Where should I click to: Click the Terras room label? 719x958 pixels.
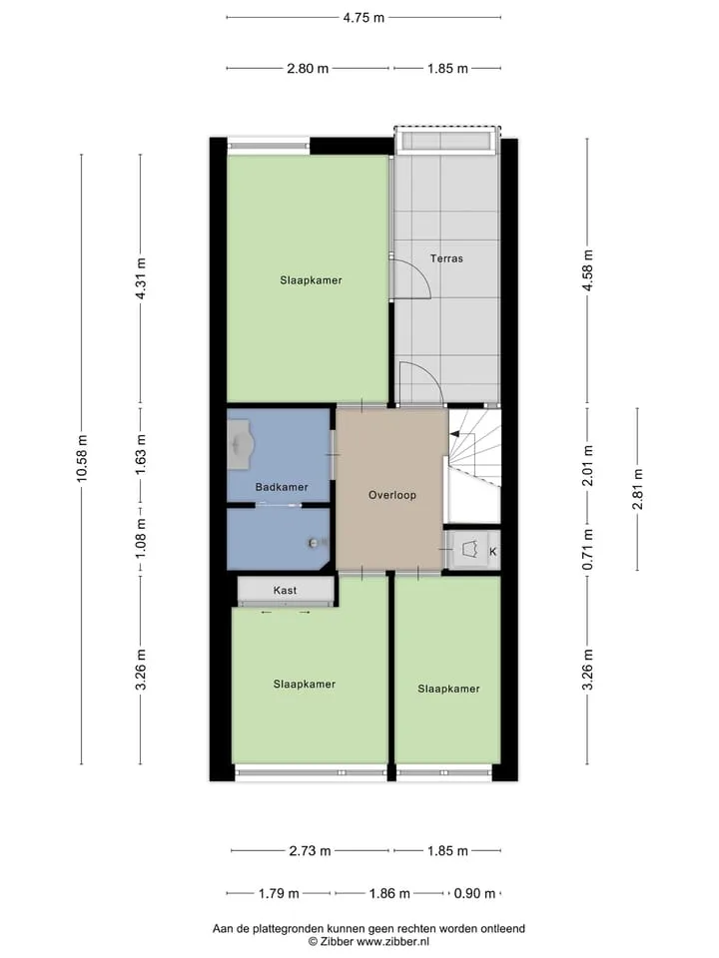[446, 258]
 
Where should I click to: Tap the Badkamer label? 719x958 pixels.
[282, 487]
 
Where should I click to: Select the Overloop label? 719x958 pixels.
[391, 495]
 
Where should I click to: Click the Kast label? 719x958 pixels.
[285, 590]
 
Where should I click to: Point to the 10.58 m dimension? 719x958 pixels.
[82, 458]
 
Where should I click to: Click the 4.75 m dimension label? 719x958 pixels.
[363, 18]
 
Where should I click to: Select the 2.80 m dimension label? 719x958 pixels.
[308, 69]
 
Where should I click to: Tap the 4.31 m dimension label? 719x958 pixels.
[141, 278]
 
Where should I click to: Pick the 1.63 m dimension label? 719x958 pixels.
[141, 455]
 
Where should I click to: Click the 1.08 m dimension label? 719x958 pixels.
[141, 538]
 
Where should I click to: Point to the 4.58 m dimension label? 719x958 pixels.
[587, 270]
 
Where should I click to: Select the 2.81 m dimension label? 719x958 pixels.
[638, 489]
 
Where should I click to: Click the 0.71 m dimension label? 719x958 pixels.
[587, 549]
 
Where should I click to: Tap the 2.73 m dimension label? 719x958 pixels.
[310, 850]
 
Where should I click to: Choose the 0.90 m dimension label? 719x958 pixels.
[474, 894]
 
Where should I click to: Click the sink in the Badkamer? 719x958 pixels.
[241, 444]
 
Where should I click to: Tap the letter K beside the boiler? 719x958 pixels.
[492, 551]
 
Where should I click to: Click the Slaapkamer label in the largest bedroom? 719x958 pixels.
[311, 280]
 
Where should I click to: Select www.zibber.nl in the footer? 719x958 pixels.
[393, 941]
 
